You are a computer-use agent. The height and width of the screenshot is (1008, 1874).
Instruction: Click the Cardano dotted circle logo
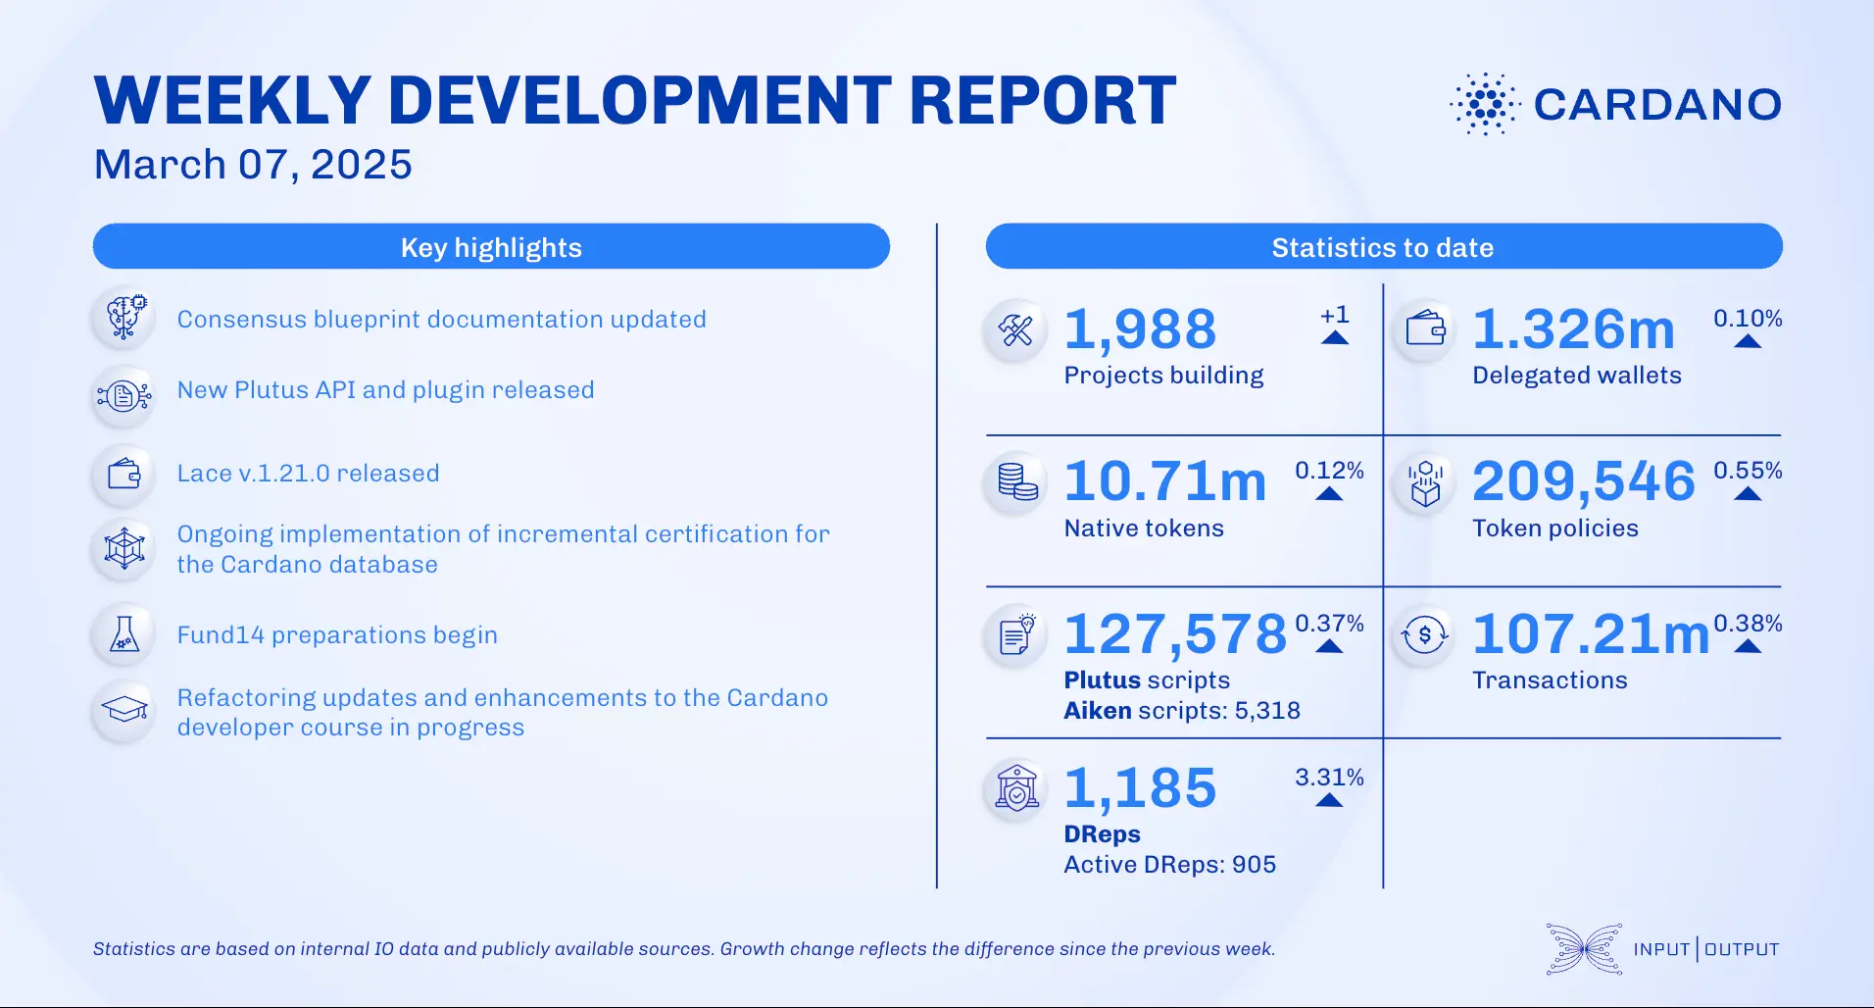pyautogui.click(x=1485, y=103)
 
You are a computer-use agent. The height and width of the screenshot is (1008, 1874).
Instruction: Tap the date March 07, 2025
pyautogui.click(x=253, y=165)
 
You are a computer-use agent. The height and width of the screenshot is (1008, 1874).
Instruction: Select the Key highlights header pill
pyautogui.click(x=491, y=247)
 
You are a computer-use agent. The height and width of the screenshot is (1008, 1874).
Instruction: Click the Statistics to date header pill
pyautogui.click(x=1383, y=247)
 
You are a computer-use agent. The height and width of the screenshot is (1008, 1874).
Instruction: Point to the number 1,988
pyautogui.click(x=1140, y=329)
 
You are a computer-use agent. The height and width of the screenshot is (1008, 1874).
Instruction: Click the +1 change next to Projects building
pyautogui.click(x=1334, y=316)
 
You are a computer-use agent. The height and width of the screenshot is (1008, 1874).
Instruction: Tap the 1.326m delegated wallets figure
pyautogui.click(x=1574, y=329)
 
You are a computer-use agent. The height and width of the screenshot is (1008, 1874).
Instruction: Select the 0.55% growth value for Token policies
pyautogui.click(x=1748, y=471)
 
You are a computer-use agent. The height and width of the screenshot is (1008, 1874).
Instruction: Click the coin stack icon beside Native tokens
pyautogui.click(x=1017, y=481)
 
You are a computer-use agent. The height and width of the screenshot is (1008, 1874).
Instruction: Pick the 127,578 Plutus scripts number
pyautogui.click(x=1175, y=634)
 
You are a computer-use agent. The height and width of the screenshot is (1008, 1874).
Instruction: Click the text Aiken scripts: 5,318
pyautogui.click(x=1182, y=711)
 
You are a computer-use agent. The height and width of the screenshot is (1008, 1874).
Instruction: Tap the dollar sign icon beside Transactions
pyautogui.click(x=1424, y=635)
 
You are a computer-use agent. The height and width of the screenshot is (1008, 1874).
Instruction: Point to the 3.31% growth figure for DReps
pyautogui.click(x=1329, y=778)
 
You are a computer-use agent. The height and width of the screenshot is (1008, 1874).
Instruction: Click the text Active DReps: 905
pyautogui.click(x=1169, y=865)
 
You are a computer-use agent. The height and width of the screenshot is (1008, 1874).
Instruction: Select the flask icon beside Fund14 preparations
pyautogui.click(x=124, y=634)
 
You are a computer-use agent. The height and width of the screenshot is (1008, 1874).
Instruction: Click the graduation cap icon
pyautogui.click(x=124, y=709)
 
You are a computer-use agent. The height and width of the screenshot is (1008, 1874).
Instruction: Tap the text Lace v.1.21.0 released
pyautogui.click(x=308, y=474)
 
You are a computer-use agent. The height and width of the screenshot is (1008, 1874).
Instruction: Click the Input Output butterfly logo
pyautogui.click(x=1584, y=948)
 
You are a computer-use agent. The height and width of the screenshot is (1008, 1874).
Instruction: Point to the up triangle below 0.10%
pyautogui.click(x=1748, y=341)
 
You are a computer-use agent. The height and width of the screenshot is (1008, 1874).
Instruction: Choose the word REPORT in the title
pyautogui.click(x=1042, y=101)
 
